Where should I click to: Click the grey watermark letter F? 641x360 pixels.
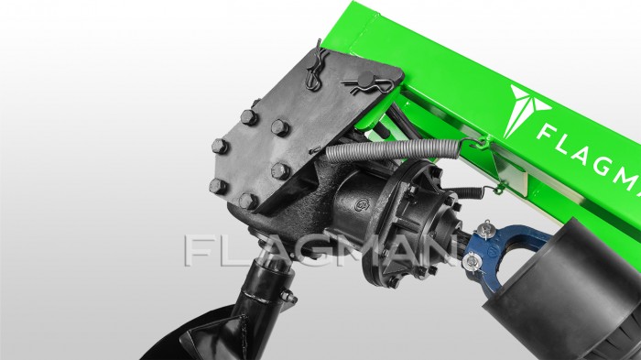pyautogui.click(x=199, y=250)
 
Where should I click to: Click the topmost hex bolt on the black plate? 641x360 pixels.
pyautogui.click(x=248, y=116)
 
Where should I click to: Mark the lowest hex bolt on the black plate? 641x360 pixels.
pyautogui.click(x=245, y=199)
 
